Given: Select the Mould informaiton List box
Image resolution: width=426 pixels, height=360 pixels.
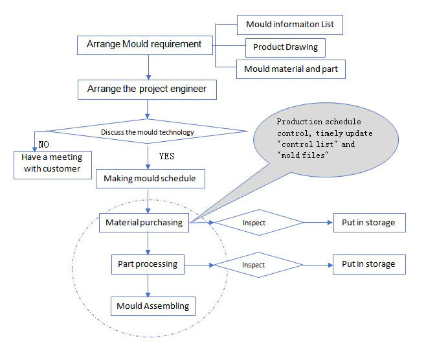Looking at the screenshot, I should point(289,25).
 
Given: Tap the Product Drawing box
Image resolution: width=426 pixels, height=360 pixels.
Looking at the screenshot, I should point(285,47).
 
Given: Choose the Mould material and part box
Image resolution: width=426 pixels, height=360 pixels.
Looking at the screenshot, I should point(291,69).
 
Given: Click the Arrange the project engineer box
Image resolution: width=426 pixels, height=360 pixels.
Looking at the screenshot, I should point(147,89).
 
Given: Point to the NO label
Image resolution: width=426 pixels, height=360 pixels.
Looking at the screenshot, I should point(43,144).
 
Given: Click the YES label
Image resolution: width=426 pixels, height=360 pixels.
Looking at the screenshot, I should point(166,156).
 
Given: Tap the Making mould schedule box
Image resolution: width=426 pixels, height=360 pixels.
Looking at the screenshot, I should point(150,178).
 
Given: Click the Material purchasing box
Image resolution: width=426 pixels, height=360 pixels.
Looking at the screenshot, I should point(144,223).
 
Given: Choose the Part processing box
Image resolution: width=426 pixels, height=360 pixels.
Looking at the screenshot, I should point(148,264).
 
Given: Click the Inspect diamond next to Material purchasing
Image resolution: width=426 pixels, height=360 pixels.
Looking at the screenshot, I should point(258,223).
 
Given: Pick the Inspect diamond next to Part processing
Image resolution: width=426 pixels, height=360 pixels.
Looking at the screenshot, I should point(258,265).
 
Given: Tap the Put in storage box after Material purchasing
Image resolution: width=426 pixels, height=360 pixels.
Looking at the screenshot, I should point(369,223).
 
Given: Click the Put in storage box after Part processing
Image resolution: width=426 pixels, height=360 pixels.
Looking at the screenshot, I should point(369,264).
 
